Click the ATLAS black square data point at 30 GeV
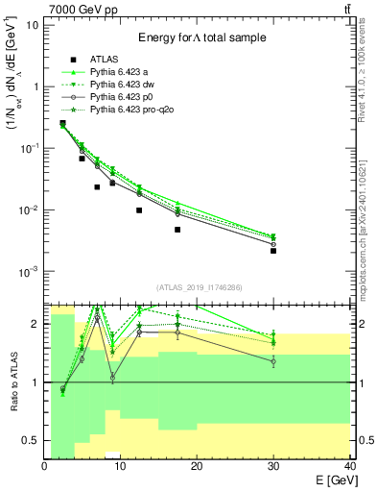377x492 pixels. click(273, 251)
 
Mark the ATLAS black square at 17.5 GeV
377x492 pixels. click(177, 230)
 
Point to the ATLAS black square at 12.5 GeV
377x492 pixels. click(139, 210)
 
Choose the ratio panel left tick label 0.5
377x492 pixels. click(32, 441)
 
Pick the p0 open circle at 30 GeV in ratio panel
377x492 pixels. click(273, 361)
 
